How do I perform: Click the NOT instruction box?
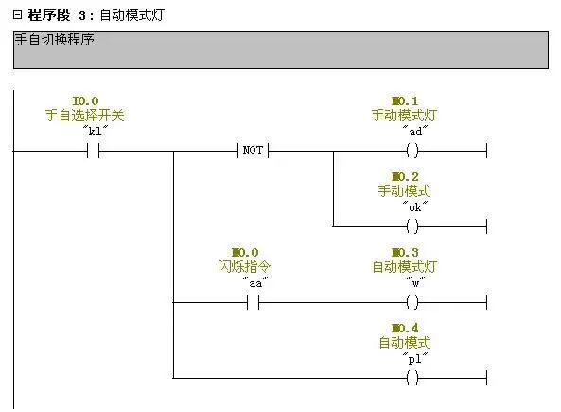(x=253, y=151)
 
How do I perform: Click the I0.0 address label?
(x=85, y=101)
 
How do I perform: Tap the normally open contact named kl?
(x=94, y=151)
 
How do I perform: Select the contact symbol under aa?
(x=253, y=302)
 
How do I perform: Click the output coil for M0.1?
(x=412, y=151)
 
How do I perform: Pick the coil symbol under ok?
(x=412, y=226)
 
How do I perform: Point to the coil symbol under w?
(x=412, y=302)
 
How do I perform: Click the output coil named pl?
(x=412, y=378)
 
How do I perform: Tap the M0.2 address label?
(x=405, y=176)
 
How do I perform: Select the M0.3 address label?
(x=405, y=253)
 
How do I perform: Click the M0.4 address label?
(x=405, y=328)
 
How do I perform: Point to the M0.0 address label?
(x=245, y=253)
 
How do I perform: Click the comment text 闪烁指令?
(x=244, y=267)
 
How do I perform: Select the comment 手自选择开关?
(x=85, y=116)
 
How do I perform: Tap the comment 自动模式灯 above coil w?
(x=405, y=267)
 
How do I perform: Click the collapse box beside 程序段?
(x=17, y=15)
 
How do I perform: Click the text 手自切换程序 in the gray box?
(x=54, y=40)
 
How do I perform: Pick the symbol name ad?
(x=415, y=132)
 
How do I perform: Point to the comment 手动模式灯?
(x=405, y=116)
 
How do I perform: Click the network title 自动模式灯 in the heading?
(x=132, y=15)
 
